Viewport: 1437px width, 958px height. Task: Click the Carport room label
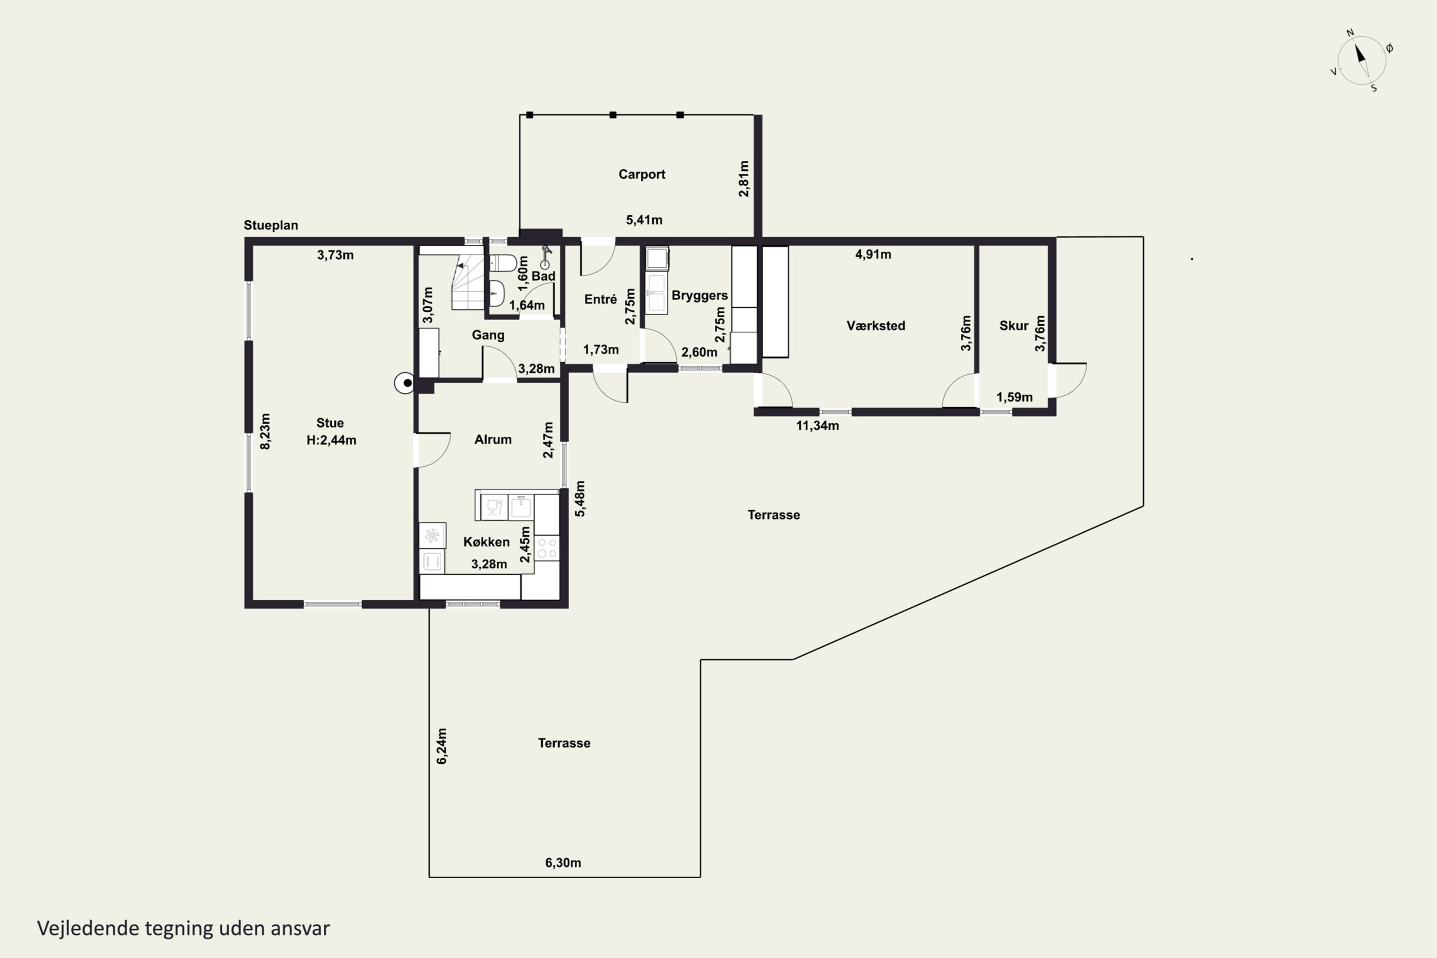pos(641,175)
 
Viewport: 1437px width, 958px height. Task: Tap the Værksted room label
pos(876,326)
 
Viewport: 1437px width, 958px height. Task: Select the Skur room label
pos(1014,326)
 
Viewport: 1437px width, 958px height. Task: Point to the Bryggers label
pos(699,296)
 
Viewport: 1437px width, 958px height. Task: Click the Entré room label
pos(601,299)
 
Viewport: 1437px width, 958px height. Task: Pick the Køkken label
pos(486,542)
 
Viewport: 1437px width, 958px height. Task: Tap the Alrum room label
pos(493,439)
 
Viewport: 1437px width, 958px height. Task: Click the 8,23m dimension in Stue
pos(265,432)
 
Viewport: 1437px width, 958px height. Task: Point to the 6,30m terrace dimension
pos(563,863)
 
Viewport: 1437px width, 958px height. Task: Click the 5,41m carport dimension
pos(644,220)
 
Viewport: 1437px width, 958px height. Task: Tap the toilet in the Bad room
pos(503,263)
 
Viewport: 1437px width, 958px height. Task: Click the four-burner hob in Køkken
pos(547,548)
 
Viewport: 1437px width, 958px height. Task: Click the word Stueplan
pos(271,226)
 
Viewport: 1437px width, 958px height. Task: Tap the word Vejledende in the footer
pos(88,929)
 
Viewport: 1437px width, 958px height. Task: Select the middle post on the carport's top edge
pos(613,115)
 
